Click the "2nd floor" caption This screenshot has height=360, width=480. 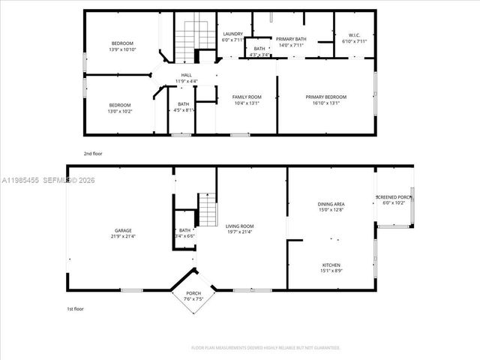pos(93,153)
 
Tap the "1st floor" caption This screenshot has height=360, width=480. pos(74,308)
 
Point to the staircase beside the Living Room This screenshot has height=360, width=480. pos(206,210)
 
